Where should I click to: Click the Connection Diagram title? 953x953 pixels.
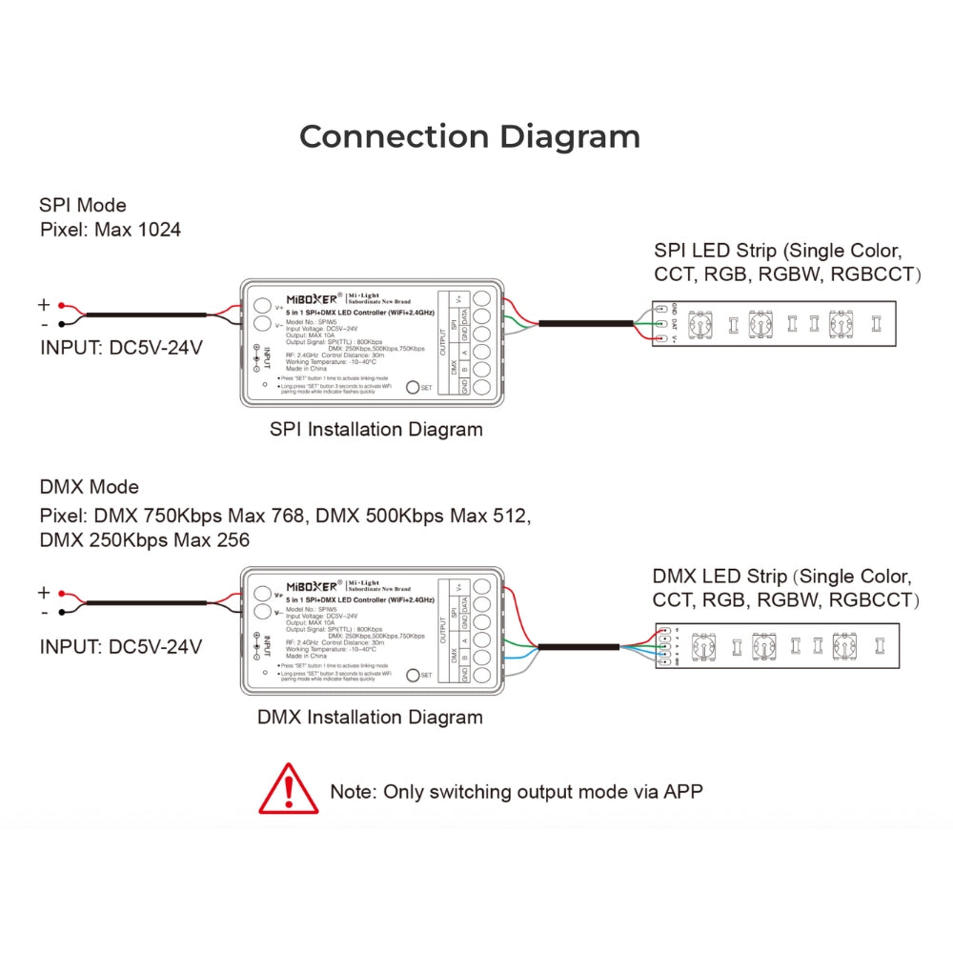tap(470, 136)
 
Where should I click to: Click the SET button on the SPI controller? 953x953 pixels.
tap(413, 388)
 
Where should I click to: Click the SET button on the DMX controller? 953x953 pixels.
tap(413, 675)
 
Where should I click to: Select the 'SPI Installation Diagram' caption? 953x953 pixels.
tap(376, 429)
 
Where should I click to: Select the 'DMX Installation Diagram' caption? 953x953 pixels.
tap(370, 717)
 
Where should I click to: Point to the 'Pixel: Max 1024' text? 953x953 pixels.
tap(110, 230)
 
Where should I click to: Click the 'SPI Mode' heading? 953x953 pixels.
tap(82, 205)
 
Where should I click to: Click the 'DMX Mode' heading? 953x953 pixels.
tap(89, 487)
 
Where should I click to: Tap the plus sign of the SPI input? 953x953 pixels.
tap(44, 305)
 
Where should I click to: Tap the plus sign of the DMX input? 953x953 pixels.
tap(44, 592)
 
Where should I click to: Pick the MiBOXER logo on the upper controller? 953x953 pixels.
tap(313, 297)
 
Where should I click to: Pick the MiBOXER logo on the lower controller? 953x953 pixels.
tap(313, 584)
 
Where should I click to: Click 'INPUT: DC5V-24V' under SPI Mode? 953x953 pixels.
tap(120, 348)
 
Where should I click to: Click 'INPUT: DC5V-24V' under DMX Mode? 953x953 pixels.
tap(120, 646)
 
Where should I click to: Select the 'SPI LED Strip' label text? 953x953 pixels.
tap(715, 251)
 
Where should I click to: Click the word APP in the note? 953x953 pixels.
tap(683, 791)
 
